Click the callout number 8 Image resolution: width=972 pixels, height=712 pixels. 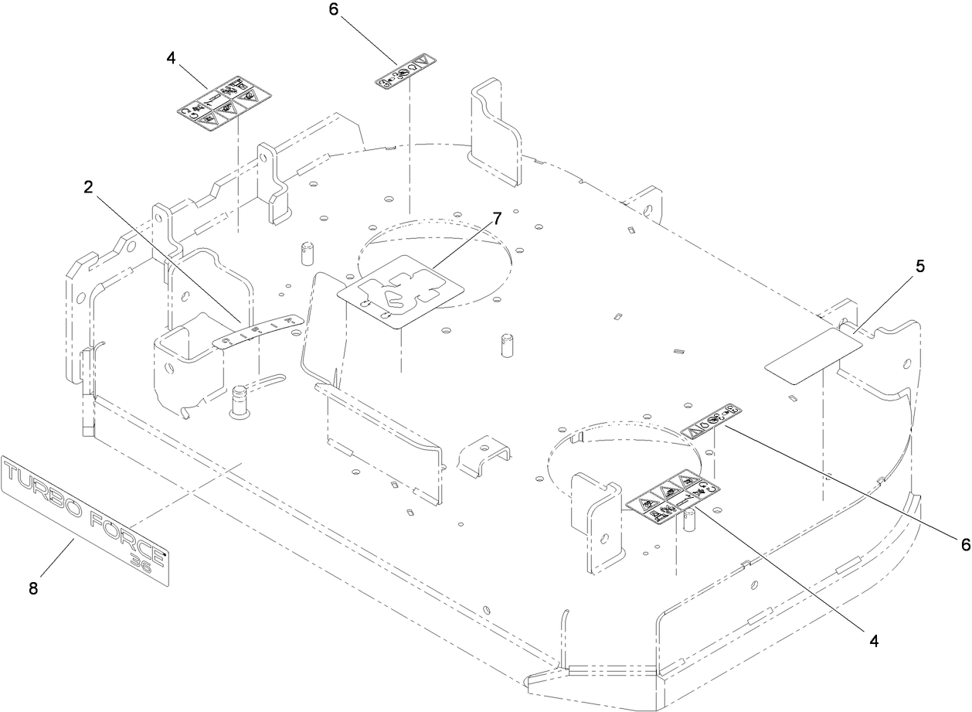pos(33,588)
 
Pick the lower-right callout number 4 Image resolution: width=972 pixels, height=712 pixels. pos(875,641)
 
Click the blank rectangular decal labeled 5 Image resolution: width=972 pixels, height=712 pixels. pos(813,354)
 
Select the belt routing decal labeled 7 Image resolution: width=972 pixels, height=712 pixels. pos(401,293)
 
